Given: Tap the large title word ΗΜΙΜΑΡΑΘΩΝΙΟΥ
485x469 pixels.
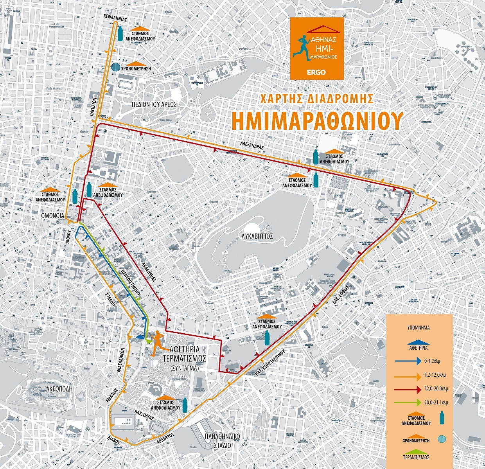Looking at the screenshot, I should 316,121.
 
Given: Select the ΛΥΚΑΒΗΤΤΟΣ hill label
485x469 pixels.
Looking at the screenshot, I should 257,236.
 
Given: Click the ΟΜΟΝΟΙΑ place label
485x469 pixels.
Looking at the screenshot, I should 53,216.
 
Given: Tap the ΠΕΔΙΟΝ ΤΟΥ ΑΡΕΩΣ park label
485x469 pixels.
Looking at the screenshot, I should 154,104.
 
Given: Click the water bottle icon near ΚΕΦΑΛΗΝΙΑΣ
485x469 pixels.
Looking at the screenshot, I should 121,34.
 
